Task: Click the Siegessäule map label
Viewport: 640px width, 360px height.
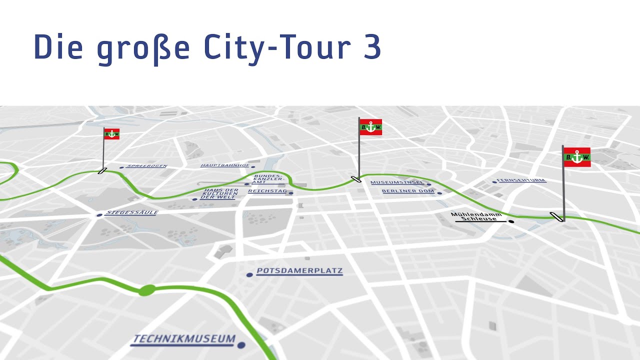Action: click(x=131, y=212)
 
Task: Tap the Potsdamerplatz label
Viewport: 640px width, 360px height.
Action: click(x=299, y=271)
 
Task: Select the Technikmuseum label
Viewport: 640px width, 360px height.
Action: click(x=183, y=339)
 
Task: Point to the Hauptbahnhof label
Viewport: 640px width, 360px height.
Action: click(x=225, y=165)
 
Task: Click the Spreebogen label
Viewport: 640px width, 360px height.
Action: click(x=147, y=166)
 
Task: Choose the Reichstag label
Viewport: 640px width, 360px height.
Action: click(x=267, y=191)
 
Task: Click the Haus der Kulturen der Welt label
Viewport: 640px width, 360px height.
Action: click(x=219, y=194)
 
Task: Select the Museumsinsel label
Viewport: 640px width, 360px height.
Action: click(x=397, y=182)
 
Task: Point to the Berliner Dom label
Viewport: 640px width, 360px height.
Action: click(x=408, y=191)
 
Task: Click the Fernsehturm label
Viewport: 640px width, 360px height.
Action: click(x=521, y=180)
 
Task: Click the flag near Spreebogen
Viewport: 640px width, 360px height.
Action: click(x=111, y=133)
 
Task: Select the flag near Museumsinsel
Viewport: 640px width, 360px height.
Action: click(x=370, y=127)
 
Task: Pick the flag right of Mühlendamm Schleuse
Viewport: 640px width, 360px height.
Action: click(x=577, y=157)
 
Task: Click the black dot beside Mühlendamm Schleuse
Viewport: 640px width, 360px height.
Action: click(x=511, y=221)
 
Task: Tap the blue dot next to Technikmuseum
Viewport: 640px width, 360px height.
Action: click(x=241, y=345)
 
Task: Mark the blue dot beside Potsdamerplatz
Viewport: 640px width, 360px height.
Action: click(x=249, y=274)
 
